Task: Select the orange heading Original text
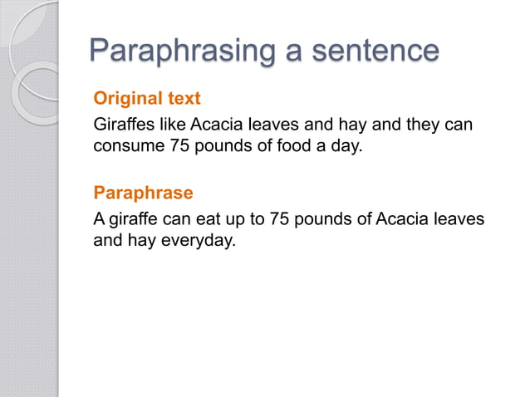tap(147, 99)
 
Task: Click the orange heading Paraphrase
tap(143, 194)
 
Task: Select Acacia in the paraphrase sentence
tap(402, 220)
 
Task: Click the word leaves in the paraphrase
tap(459, 220)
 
